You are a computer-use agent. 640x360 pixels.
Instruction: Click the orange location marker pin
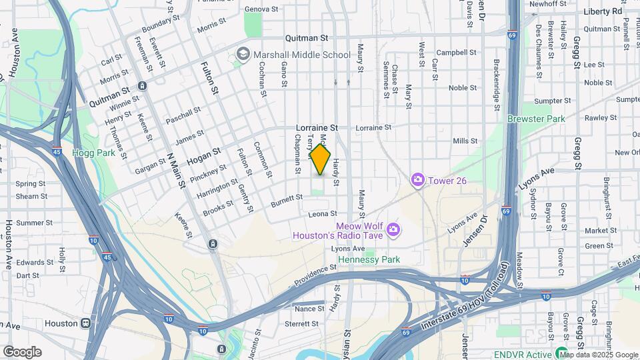point(320,160)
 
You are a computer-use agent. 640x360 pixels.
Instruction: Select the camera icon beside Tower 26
point(418,179)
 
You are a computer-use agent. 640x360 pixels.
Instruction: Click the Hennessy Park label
point(369,259)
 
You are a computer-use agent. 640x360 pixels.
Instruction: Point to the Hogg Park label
point(94,153)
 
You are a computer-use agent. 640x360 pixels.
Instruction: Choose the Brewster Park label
point(535,119)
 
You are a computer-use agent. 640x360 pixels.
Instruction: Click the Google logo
point(21,352)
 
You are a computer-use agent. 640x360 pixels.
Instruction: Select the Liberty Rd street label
point(602,11)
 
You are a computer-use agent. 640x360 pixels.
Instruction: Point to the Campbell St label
point(456,52)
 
